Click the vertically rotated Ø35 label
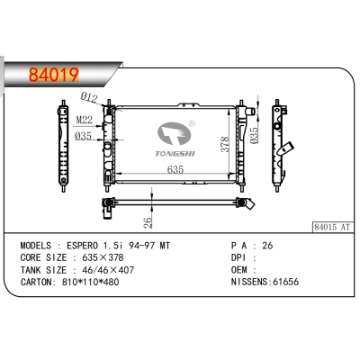(x=256, y=134)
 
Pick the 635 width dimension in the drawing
(x=175, y=167)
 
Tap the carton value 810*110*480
(x=102, y=281)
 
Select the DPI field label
(x=238, y=257)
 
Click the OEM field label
(x=238, y=269)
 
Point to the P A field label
(x=238, y=246)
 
